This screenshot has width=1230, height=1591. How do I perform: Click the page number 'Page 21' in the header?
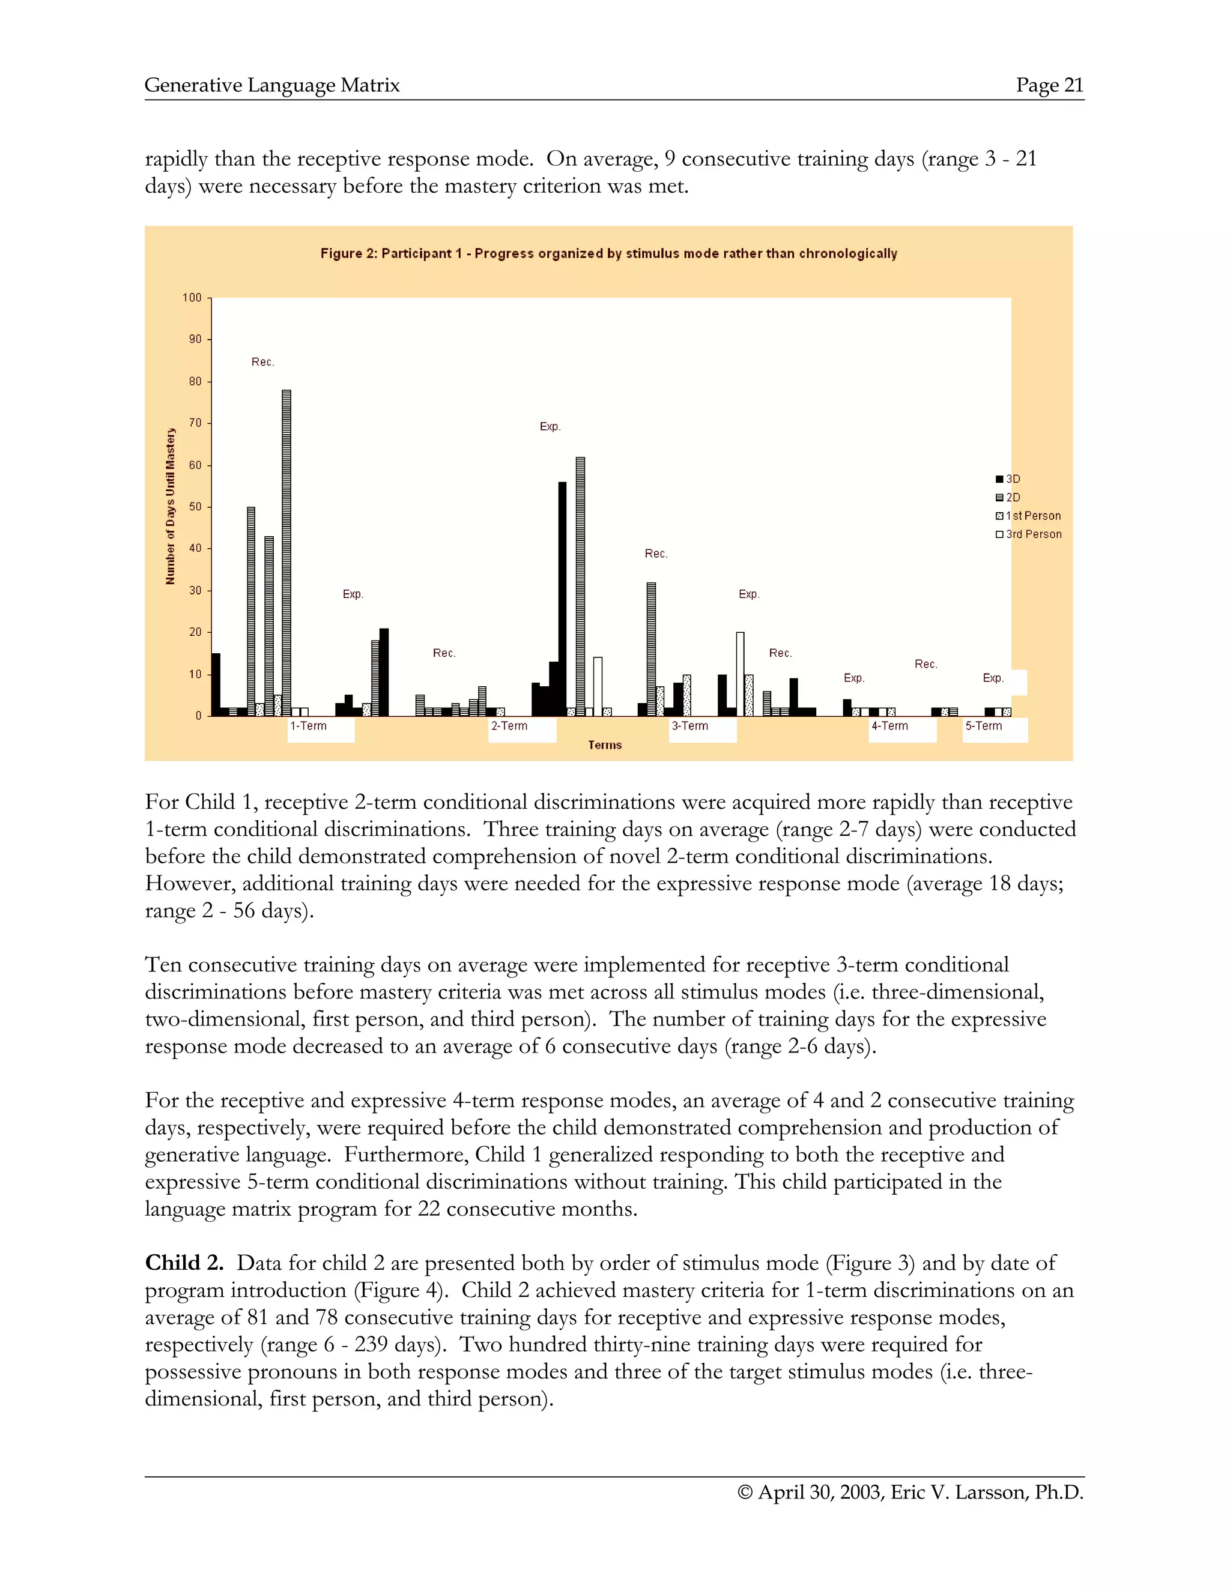[1049, 85]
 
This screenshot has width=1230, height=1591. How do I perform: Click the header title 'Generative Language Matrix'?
[272, 85]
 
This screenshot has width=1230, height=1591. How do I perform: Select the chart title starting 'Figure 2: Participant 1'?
[608, 253]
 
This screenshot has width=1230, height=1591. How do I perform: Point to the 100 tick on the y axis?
[192, 297]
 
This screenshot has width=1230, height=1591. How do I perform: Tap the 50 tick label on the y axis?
[195, 507]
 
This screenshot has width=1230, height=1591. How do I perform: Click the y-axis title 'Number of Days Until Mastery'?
[171, 506]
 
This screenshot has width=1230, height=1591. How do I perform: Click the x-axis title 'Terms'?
[605, 744]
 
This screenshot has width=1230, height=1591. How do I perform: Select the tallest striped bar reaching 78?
[286, 554]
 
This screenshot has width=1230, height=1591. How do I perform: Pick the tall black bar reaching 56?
[562, 599]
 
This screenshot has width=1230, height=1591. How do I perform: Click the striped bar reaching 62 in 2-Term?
[580, 587]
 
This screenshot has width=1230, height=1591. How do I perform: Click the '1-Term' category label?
[308, 726]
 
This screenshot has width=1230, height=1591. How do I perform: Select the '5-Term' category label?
[984, 726]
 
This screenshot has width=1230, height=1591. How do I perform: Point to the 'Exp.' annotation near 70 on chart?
[550, 426]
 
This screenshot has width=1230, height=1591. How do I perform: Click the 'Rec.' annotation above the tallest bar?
[263, 362]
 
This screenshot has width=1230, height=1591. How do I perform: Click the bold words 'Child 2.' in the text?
[184, 1263]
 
